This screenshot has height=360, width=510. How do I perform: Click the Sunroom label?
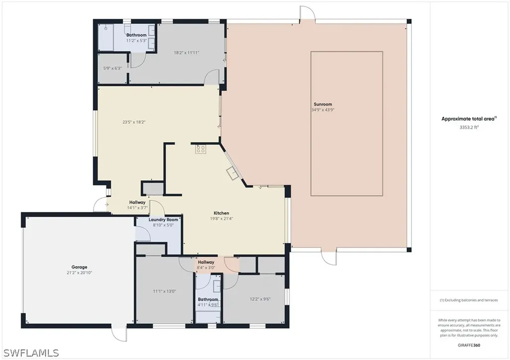[x=323, y=104]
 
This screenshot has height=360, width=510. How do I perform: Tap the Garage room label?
[x=79, y=267]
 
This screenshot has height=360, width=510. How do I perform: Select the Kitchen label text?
[x=222, y=213]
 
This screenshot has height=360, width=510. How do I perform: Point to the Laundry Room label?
[x=163, y=220]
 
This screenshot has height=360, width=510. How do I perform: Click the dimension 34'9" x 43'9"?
[x=323, y=110]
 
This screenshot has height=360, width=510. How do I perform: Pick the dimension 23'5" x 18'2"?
[x=134, y=121]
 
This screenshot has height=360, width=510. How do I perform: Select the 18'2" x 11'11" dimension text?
[x=187, y=52]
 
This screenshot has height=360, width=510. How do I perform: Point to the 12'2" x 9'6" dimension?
[x=260, y=299]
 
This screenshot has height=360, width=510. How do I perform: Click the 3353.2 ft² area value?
[x=469, y=127]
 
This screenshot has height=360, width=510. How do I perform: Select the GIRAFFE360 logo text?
[x=468, y=345]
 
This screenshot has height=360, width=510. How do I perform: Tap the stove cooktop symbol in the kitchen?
[x=201, y=148]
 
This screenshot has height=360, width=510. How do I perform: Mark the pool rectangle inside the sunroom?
[x=347, y=123]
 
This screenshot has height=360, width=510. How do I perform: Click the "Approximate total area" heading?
[x=469, y=119]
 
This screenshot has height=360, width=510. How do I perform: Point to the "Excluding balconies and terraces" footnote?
[x=468, y=300]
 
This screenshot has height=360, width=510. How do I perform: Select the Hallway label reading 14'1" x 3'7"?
[x=137, y=205]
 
